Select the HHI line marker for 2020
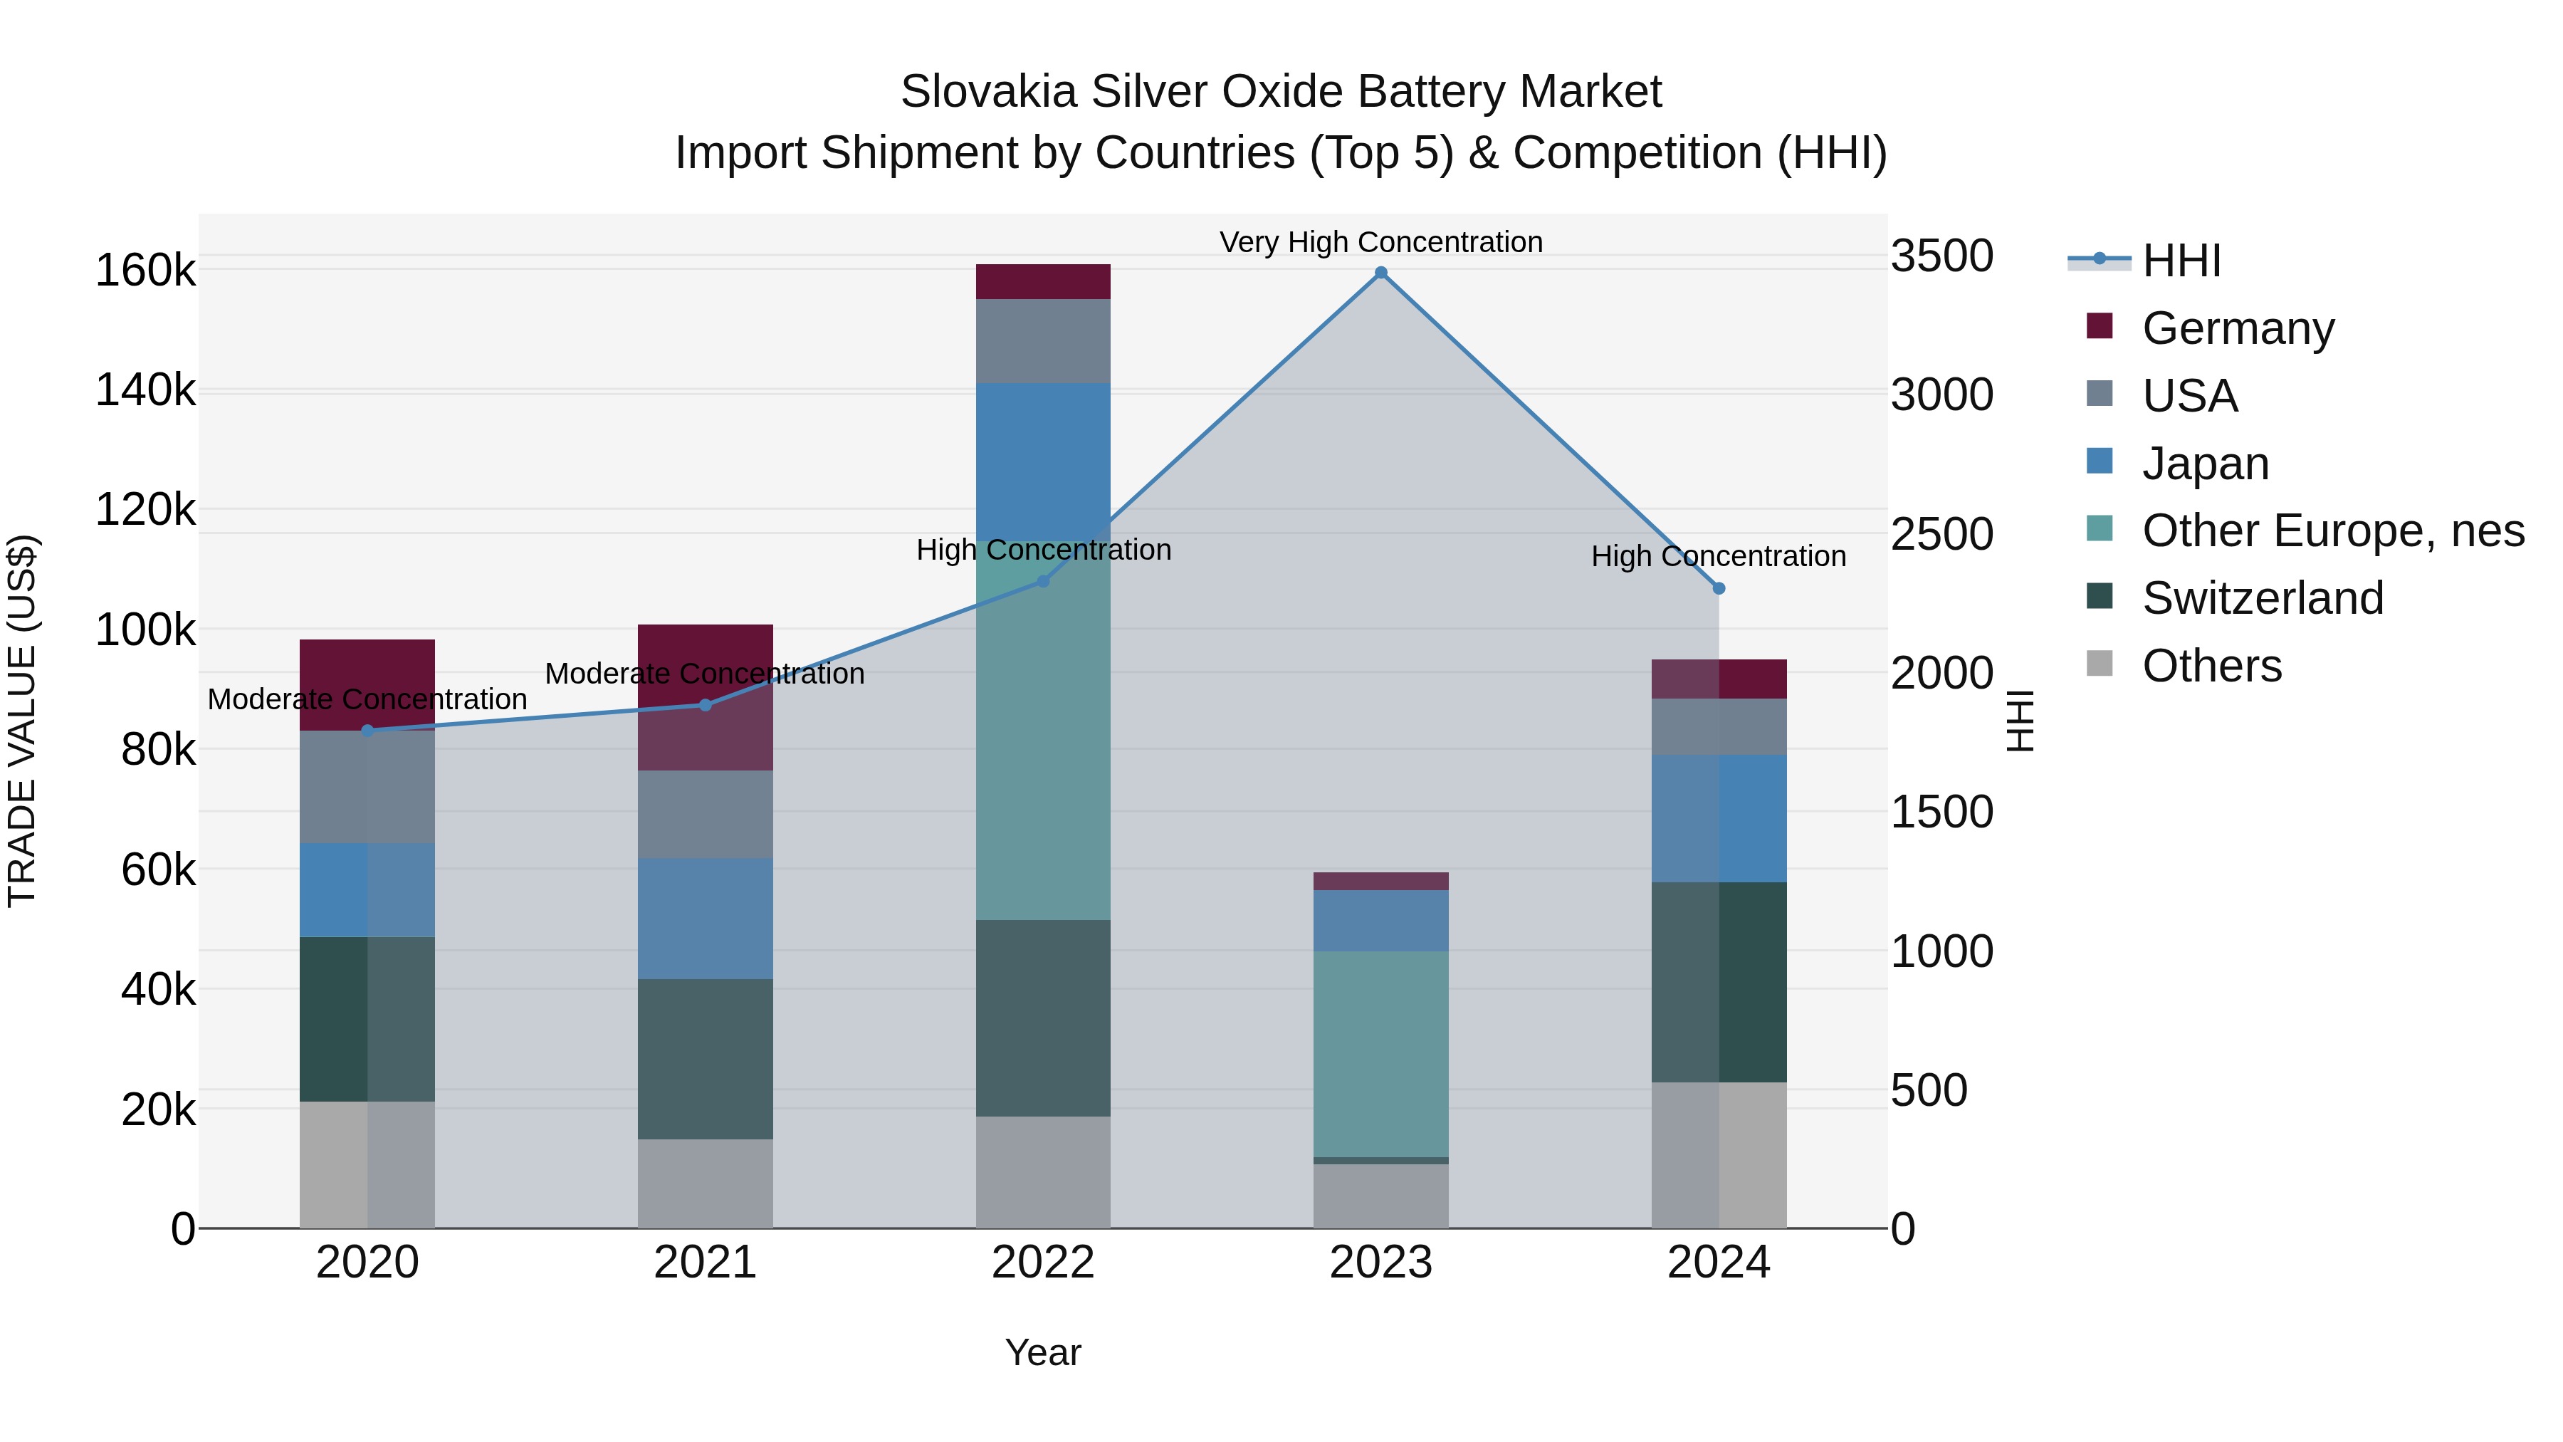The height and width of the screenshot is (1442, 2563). tap(367, 731)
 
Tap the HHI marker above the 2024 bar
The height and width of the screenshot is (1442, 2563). tap(1719, 588)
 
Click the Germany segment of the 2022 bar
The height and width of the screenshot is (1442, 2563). tap(1043, 281)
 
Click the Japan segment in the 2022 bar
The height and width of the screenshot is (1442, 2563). tap(1043, 461)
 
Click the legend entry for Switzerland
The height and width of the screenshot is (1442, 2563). tap(2262, 598)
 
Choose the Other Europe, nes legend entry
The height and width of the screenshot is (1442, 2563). tap(2332, 531)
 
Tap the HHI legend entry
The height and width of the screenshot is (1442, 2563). tap(2181, 261)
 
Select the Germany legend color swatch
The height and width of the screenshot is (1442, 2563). tap(2100, 326)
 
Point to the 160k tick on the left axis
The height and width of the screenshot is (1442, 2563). tap(145, 270)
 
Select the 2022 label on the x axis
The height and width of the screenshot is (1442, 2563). tap(1043, 1263)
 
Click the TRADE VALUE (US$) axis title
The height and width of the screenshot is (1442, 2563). tap(22, 721)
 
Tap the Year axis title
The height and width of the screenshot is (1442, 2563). tap(1043, 1352)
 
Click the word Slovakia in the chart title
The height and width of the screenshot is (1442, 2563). tap(988, 92)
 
